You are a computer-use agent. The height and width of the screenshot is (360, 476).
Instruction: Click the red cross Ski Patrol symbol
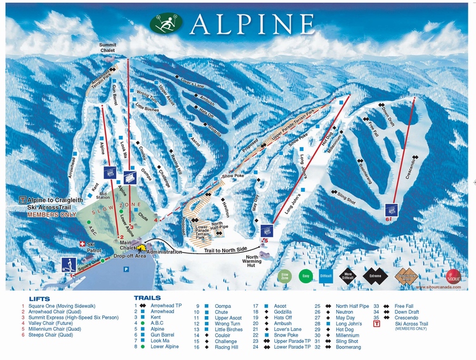pos(81,244)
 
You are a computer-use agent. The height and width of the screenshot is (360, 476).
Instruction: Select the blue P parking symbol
pos(125,269)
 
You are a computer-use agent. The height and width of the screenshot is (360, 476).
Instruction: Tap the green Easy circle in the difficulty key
pos(307,277)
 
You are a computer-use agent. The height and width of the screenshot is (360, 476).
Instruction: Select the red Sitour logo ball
pos(453,277)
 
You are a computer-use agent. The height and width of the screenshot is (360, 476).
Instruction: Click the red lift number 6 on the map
pos(388,218)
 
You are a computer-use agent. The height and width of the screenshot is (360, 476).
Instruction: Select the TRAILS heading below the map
pos(147,297)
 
